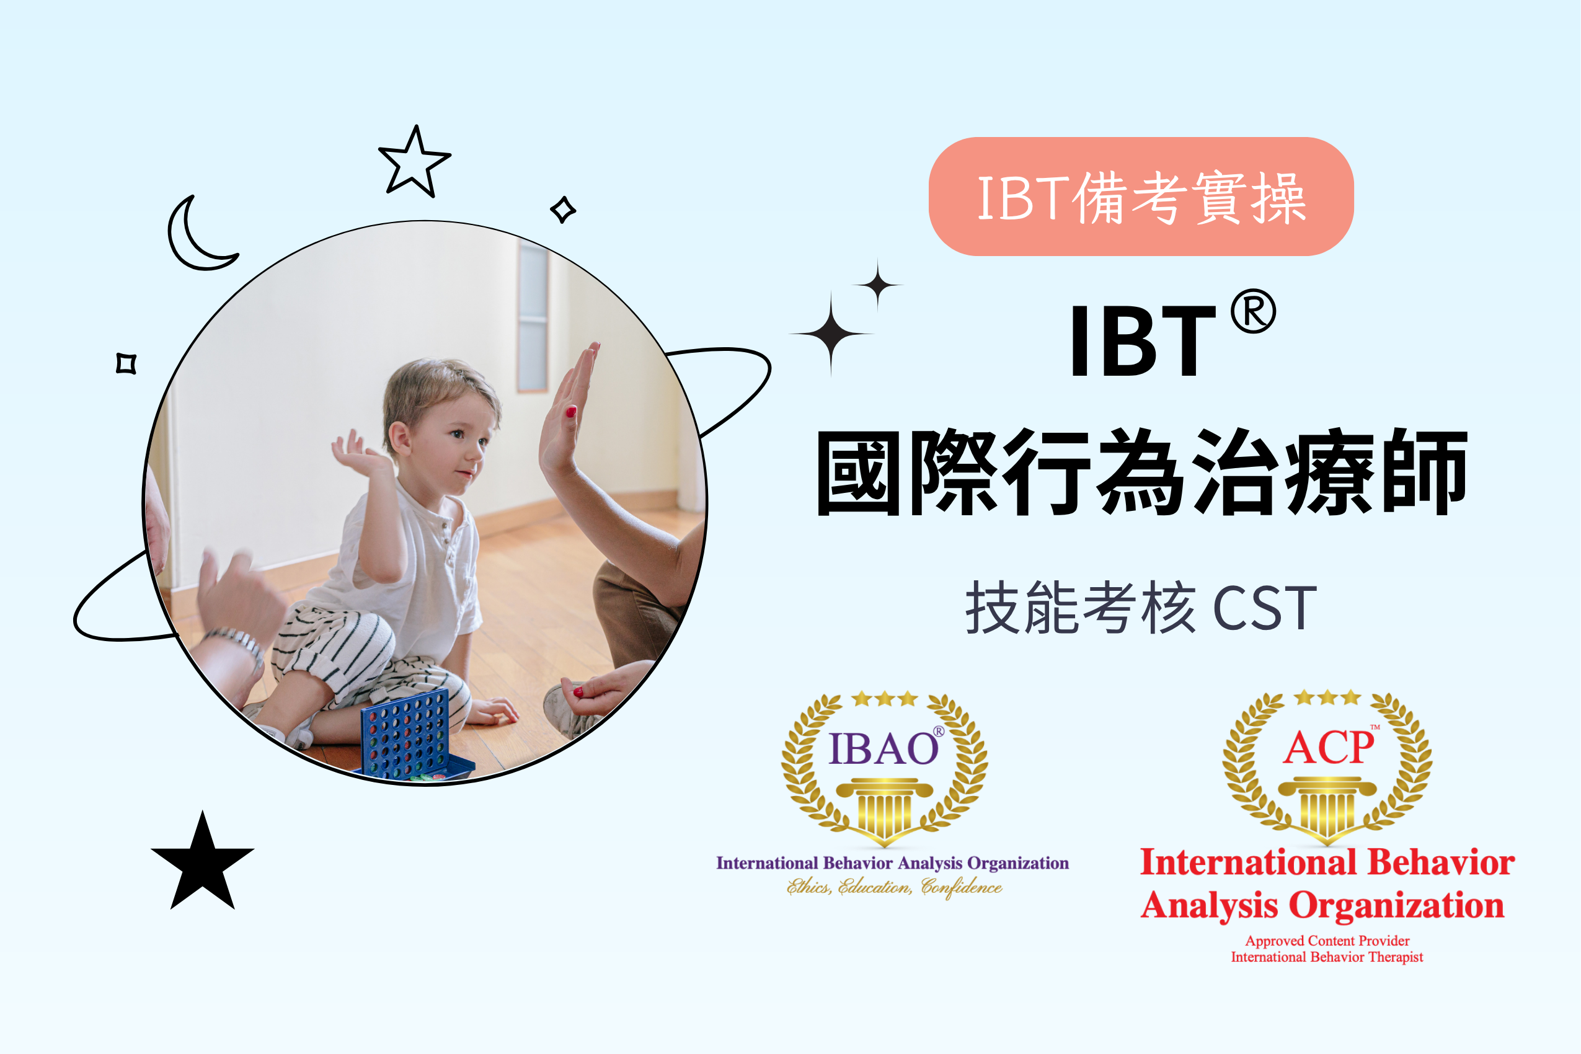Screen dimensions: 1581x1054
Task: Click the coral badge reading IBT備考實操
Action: (x=1141, y=197)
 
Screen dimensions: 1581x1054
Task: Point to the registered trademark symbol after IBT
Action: (x=1253, y=311)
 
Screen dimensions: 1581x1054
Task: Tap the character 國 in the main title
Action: (x=859, y=472)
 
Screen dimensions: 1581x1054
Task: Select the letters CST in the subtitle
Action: (x=1264, y=608)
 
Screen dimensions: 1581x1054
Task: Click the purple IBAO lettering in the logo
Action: (x=883, y=749)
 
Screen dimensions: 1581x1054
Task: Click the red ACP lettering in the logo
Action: (x=1327, y=748)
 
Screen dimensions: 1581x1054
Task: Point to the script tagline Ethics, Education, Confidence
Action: (x=894, y=887)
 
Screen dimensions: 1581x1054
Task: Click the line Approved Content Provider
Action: (x=1327, y=941)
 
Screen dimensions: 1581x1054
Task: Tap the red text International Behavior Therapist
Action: (x=1327, y=957)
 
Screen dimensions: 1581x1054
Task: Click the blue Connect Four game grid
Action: (x=405, y=734)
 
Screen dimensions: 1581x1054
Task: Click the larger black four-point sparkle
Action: (x=831, y=334)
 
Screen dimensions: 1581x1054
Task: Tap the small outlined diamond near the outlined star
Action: (x=562, y=209)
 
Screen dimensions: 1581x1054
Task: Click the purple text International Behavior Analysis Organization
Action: (x=893, y=863)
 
